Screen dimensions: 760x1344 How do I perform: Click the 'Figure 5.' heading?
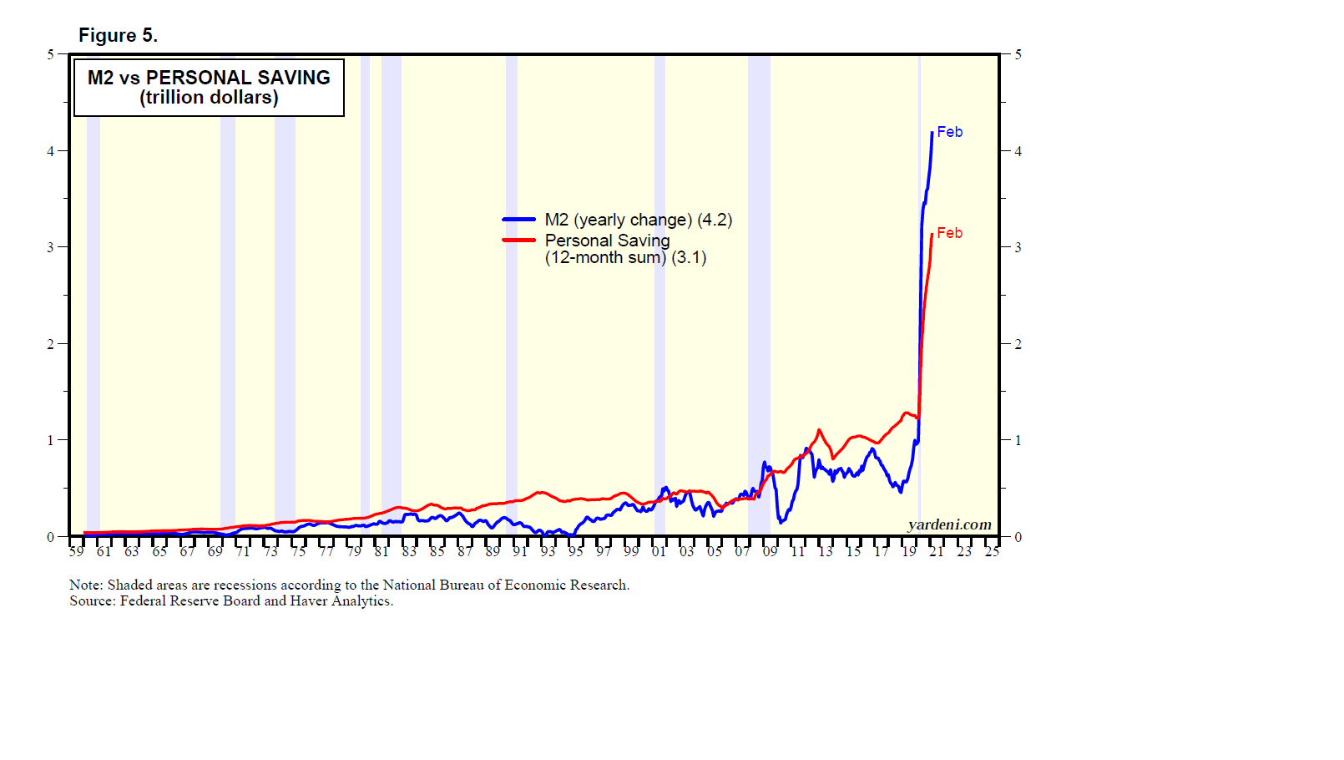(x=118, y=35)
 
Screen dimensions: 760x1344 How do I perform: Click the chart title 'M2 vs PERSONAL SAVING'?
(x=209, y=78)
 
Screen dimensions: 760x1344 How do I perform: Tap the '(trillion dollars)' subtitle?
(x=209, y=98)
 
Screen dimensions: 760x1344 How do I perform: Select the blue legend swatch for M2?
(x=518, y=220)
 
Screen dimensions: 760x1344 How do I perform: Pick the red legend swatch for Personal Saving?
(x=518, y=241)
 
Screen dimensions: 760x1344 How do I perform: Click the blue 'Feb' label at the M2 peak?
(x=949, y=132)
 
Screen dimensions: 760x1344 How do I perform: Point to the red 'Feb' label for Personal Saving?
(x=949, y=233)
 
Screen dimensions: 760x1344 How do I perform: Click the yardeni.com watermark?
(x=949, y=524)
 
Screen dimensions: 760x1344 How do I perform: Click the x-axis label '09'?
(x=770, y=551)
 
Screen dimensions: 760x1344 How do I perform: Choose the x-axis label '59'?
(x=76, y=551)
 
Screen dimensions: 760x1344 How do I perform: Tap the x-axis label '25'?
(x=991, y=551)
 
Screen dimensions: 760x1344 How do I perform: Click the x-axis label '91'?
(x=520, y=551)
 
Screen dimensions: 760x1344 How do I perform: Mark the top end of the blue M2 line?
(x=932, y=133)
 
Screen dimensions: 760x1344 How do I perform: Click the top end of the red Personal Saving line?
(x=932, y=235)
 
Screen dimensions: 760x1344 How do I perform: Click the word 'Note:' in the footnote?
(x=86, y=585)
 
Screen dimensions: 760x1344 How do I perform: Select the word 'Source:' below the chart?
(x=93, y=600)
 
